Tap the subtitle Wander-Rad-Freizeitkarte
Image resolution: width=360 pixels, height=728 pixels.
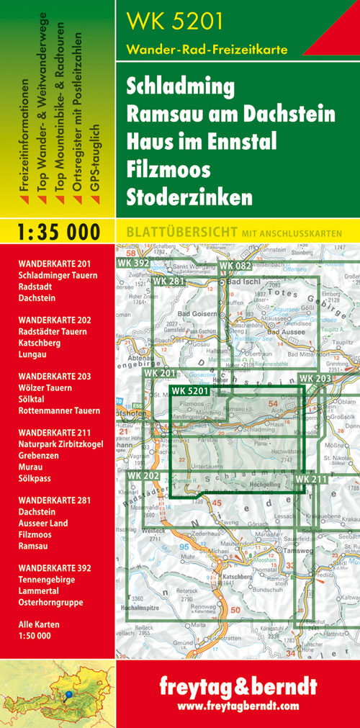point(207,50)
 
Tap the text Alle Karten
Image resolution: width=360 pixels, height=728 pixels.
point(40,624)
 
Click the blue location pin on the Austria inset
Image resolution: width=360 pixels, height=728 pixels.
point(68,695)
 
